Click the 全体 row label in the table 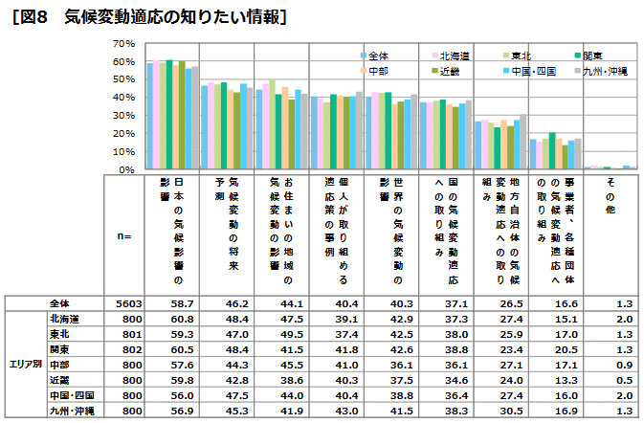tap(63, 302)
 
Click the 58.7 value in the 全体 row tap(170, 302)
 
